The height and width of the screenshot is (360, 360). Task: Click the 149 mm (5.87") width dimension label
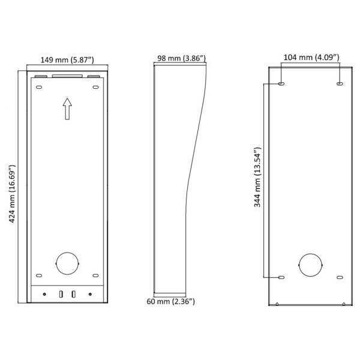(x=67, y=59)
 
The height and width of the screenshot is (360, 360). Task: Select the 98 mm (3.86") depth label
(x=182, y=58)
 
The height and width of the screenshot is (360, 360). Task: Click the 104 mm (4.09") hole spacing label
(x=311, y=58)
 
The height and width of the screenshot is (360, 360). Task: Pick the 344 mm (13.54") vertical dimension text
(x=257, y=177)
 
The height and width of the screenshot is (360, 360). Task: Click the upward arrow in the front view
(x=67, y=109)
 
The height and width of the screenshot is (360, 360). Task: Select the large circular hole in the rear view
(x=311, y=265)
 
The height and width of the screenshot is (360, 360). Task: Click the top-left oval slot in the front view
(x=39, y=88)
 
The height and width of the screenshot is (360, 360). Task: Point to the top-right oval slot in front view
(x=95, y=88)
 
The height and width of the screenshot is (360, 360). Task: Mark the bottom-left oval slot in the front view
(x=39, y=275)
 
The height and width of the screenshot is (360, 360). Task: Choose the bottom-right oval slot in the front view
(x=95, y=275)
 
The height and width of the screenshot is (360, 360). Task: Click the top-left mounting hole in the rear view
(x=281, y=83)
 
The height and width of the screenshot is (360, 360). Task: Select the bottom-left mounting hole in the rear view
(x=281, y=277)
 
